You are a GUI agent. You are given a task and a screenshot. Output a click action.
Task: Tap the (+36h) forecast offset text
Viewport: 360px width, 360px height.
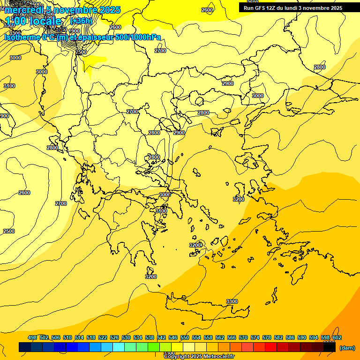pyautogui.click(x=81, y=21)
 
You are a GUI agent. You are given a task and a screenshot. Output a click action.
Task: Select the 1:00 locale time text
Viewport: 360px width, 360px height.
pyautogui.click(x=33, y=21)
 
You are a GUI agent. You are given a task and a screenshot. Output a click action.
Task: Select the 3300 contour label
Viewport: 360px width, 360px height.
pyautogui.click(x=232, y=301)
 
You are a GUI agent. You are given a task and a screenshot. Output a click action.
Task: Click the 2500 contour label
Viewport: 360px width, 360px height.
pyautogui.click(x=9, y=231)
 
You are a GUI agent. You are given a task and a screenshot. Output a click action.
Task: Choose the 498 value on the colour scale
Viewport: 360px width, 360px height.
pyautogui.click(x=32, y=337)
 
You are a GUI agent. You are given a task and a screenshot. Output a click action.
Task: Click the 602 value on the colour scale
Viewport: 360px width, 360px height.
pyautogui.click(x=337, y=337)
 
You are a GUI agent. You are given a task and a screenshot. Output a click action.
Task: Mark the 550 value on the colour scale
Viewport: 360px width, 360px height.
pyautogui.click(x=185, y=337)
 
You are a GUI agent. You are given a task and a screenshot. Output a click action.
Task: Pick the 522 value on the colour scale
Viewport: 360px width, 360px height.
pyautogui.click(x=103, y=337)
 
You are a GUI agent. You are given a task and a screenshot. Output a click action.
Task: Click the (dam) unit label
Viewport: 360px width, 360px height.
pyautogui.click(x=346, y=347)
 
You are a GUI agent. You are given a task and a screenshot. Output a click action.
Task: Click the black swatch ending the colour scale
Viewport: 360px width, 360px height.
pyautogui.click(x=329, y=347)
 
